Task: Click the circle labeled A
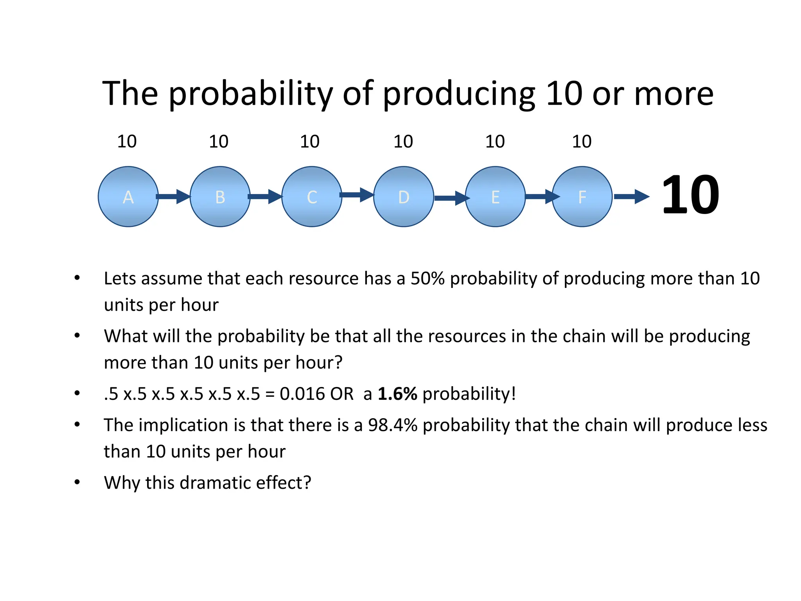[x=128, y=196]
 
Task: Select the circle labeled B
[x=220, y=196]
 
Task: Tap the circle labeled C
[x=312, y=196]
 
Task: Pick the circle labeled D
[x=404, y=196]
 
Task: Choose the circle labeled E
[x=495, y=196]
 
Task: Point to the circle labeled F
[x=582, y=196]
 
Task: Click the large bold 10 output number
[x=690, y=195]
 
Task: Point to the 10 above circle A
[x=127, y=141]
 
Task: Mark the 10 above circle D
[x=403, y=141]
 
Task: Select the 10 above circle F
[x=582, y=141]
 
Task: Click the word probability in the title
[x=251, y=94]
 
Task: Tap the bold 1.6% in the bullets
[x=397, y=394]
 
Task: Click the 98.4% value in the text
[x=393, y=425]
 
